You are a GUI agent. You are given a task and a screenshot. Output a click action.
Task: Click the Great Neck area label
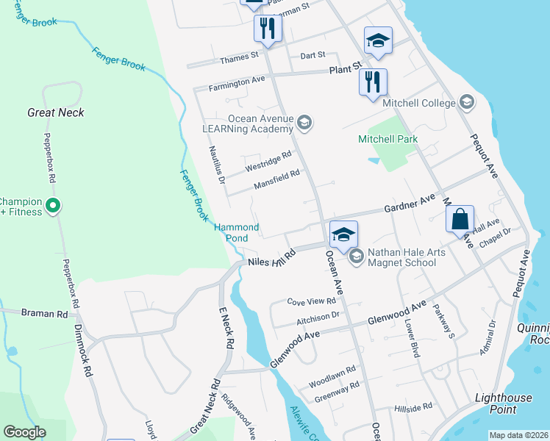click(x=55, y=112)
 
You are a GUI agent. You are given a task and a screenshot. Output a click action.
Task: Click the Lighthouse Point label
click(x=503, y=403)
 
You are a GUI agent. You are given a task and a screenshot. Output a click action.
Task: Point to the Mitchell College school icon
click(x=465, y=102)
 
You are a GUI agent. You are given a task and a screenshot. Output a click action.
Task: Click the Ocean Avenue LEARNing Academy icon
click(x=305, y=123)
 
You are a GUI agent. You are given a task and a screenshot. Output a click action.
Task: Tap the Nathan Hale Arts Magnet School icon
click(x=357, y=256)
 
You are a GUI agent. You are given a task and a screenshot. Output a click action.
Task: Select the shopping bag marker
click(x=460, y=219)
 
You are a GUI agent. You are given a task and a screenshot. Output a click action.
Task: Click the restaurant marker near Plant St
click(x=373, y=81)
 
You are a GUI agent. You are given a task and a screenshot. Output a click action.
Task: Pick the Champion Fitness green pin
click(x=52, y=207)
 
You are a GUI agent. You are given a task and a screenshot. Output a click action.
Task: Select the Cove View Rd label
click(x=311, y=301)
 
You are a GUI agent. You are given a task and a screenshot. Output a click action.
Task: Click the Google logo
click(x=25, y=432)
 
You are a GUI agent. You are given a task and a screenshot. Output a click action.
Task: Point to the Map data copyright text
click(x=518, y=435)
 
